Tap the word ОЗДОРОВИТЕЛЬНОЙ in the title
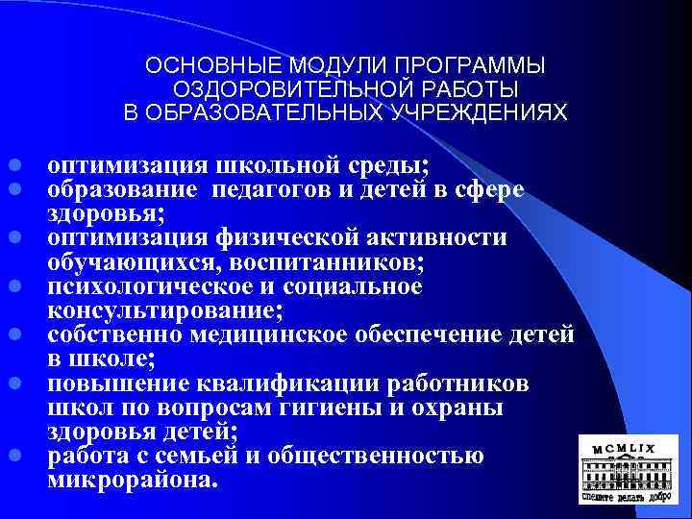coord(270,89)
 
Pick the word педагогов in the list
coord(277,188)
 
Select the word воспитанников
coord(335,261)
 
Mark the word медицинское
coord(304,334)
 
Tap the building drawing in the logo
coord(630,477)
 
